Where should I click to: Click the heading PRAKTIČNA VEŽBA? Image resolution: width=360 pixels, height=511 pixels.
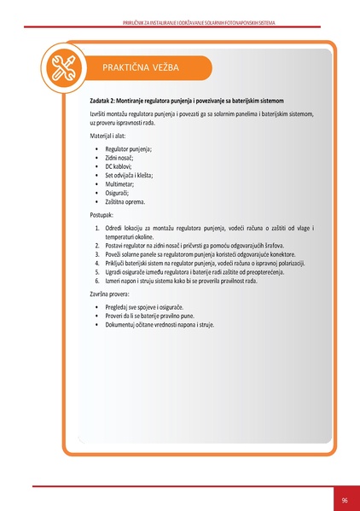tap(140, 67)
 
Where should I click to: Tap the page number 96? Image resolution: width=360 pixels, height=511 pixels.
tap(345, 499)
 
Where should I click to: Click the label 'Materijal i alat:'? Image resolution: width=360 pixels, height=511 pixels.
tap(112, 136)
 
